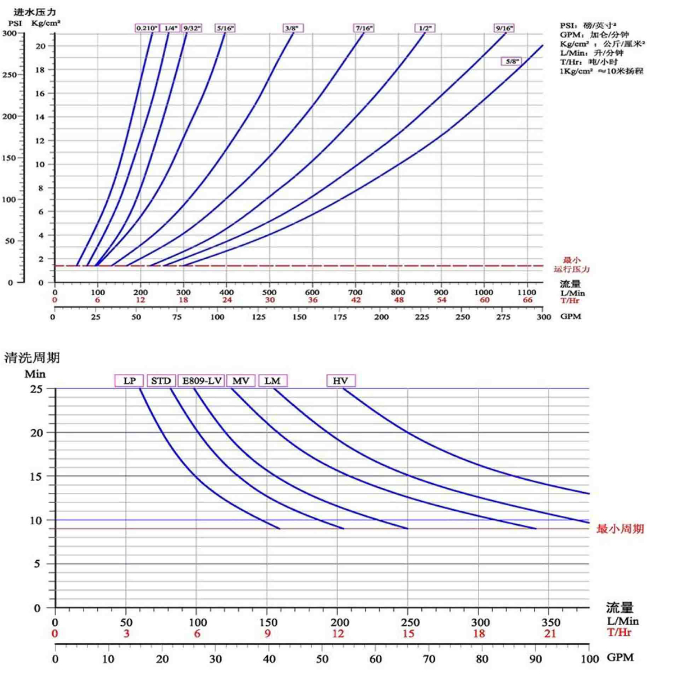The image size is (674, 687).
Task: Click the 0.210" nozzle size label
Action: point(147,28)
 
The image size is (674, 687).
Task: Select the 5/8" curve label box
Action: point(511,61)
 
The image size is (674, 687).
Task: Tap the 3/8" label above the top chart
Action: point(293,28)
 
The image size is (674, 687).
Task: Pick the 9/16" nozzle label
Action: point(504,28)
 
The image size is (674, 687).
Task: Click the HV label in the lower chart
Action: point(341,381)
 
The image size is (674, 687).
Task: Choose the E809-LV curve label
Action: point(202,381)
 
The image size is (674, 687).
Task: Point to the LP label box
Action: point(129,381)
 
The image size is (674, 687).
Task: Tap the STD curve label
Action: point(161,381)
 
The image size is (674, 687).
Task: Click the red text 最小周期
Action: point(620,529)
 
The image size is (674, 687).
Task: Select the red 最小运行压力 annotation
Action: point(572,264)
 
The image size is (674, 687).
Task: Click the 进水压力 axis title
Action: point(35,12)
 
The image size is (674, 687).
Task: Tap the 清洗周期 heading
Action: point(32,357)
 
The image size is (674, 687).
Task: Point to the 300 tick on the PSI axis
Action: point(10,33)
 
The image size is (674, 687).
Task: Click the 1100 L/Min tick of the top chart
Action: point(527,292)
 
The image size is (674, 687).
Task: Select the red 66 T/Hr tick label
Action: point(527,300)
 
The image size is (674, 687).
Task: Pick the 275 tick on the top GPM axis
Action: point(503,317)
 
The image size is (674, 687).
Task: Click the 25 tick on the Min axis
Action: point(36,388)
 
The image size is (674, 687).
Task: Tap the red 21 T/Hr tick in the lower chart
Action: point(550,634)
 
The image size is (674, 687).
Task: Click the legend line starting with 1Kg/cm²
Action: point(602,71)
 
